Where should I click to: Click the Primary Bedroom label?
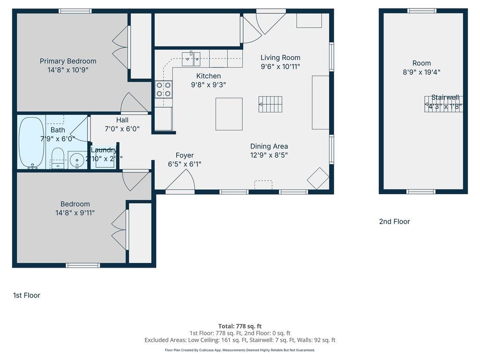[x=68, y=61]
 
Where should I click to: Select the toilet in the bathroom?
[x=57, y=157]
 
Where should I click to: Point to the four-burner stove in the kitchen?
[x=164, y=89]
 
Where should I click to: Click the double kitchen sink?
[x=191, y=58]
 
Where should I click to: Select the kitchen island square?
[x=229, y=114]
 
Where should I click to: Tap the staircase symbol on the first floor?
[x=270, y=104]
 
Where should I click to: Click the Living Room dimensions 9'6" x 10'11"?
[x=280, y=67]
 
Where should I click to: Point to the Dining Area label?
[x=269, y=146]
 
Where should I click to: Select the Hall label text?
[x=122, y=120]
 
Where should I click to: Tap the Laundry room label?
[x=103, y=150]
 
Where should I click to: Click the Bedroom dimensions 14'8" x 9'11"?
[x=75, y=212]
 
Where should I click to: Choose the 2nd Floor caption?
[x=394, y=222]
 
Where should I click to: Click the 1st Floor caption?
[x=27, y=295]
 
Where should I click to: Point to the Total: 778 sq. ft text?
[x=240, y=326]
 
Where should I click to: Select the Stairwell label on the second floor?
[x=445, y=97]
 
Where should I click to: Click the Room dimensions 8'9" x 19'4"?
[x=421, y=72]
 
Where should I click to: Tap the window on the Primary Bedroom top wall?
[x=75, y=11]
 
